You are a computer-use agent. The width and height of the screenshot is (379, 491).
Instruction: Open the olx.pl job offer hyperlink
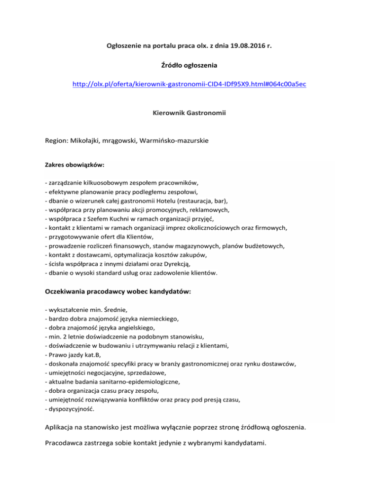pos(189,84)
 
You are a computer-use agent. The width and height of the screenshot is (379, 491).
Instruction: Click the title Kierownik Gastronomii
pos(189,113)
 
